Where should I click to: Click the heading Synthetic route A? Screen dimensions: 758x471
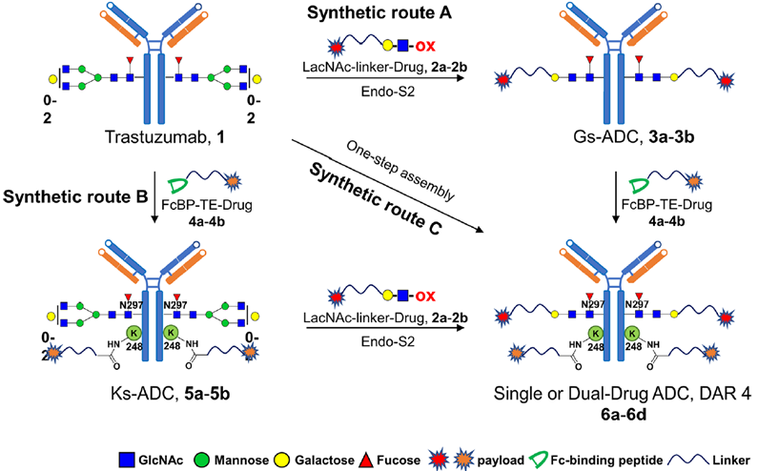click(379, 13)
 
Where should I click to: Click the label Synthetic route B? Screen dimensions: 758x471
click(75, 196)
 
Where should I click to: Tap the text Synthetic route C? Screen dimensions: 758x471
click(376, 198)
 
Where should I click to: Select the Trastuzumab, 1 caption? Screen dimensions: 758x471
click(165, 137)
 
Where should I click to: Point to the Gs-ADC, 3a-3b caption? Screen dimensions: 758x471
click(634, 137)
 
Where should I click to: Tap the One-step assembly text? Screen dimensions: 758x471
click(400, 172)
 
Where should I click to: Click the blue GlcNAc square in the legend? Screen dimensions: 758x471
click(126, 460)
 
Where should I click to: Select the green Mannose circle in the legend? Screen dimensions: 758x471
click(202, 460)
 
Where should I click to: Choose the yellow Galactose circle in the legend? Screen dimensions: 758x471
click(282, 460)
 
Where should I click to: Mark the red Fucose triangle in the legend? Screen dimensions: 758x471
click(365, 460)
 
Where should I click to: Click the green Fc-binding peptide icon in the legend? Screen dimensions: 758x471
click(538, 459)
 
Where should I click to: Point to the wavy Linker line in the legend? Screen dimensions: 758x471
click(687, 460)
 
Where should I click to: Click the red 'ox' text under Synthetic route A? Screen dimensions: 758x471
click(425, 47)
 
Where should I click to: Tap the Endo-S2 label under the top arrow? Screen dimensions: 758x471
click(388, 91)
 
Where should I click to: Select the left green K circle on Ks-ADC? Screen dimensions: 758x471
click(134, 333)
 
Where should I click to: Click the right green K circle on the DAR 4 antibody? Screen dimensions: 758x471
click(633, 333)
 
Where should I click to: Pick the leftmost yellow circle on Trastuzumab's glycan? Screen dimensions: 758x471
click(52, 78)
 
